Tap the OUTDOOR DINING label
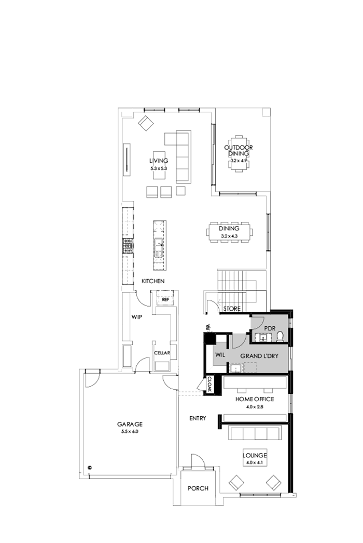click(236, 151)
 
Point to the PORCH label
click(198, 488)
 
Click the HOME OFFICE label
click(255, 399)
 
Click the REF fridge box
click(165, 300)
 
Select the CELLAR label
click(162, 353)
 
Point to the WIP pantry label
click(136, 316)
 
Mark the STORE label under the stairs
click(232, 309)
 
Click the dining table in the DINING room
click(229, 232)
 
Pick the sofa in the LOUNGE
click(254, 434)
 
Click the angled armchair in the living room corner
click(145, 123)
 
